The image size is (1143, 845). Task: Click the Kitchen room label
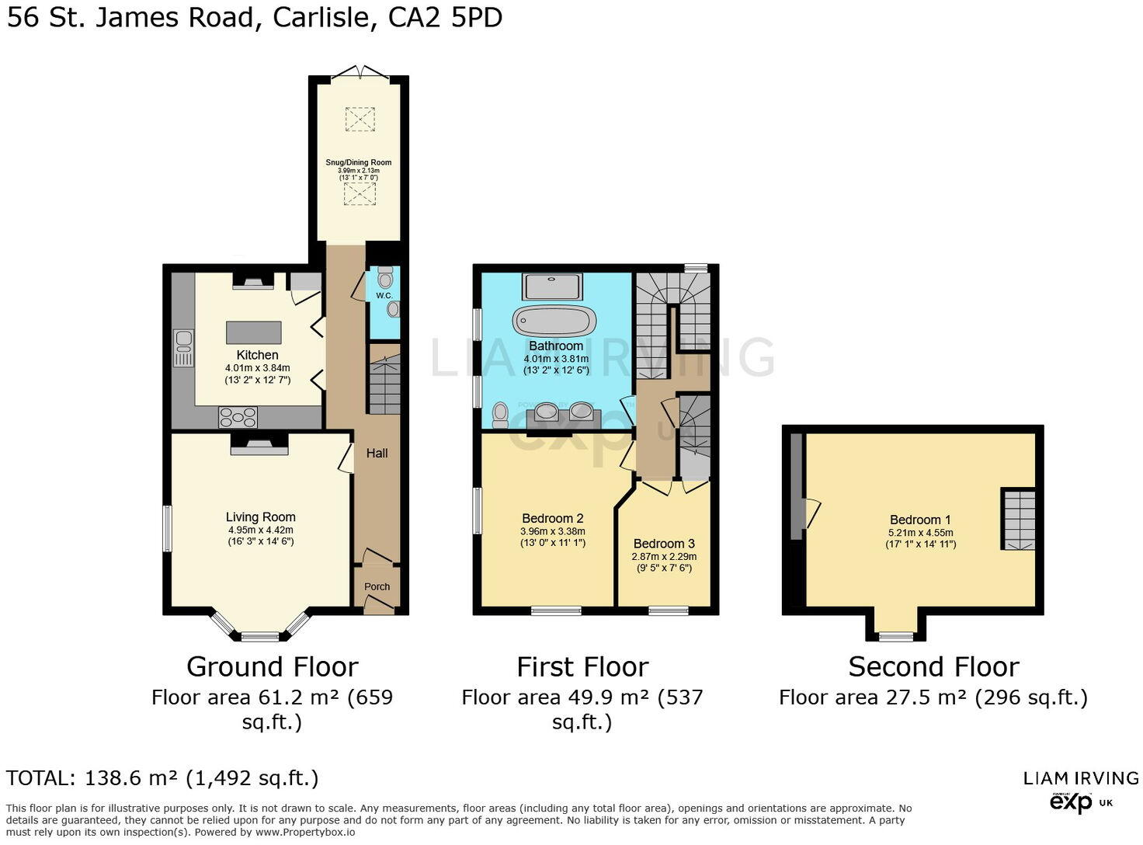[x=257, y=355]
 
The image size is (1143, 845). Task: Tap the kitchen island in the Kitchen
[x=253, y=332]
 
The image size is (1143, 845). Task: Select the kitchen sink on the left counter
[x=184, y=348]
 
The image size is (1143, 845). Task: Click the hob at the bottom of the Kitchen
[x=238, y=418]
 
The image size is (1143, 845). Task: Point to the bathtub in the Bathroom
[x=554, y=321]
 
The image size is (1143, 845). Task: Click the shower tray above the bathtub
[x=552, y=287]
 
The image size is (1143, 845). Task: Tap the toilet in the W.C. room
[x=386, y=276]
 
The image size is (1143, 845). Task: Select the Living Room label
[x=260, y=517]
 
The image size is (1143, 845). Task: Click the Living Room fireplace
[x=259, y=443]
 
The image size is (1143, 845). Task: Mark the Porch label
[x=377, y=587]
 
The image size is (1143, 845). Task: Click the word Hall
[x=377, y=453]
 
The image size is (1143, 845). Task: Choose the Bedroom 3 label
[x=664, y=544]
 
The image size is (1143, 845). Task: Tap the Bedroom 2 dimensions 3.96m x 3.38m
[x=553, y=532]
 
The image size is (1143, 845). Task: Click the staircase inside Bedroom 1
[x=1018, y=520]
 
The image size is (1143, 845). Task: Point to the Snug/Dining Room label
[x=359, y=162]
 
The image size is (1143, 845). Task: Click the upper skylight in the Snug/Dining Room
[x=359, y=119]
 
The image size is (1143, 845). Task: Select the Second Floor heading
[x=933, y=667]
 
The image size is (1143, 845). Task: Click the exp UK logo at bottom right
[x=1080, y=802]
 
